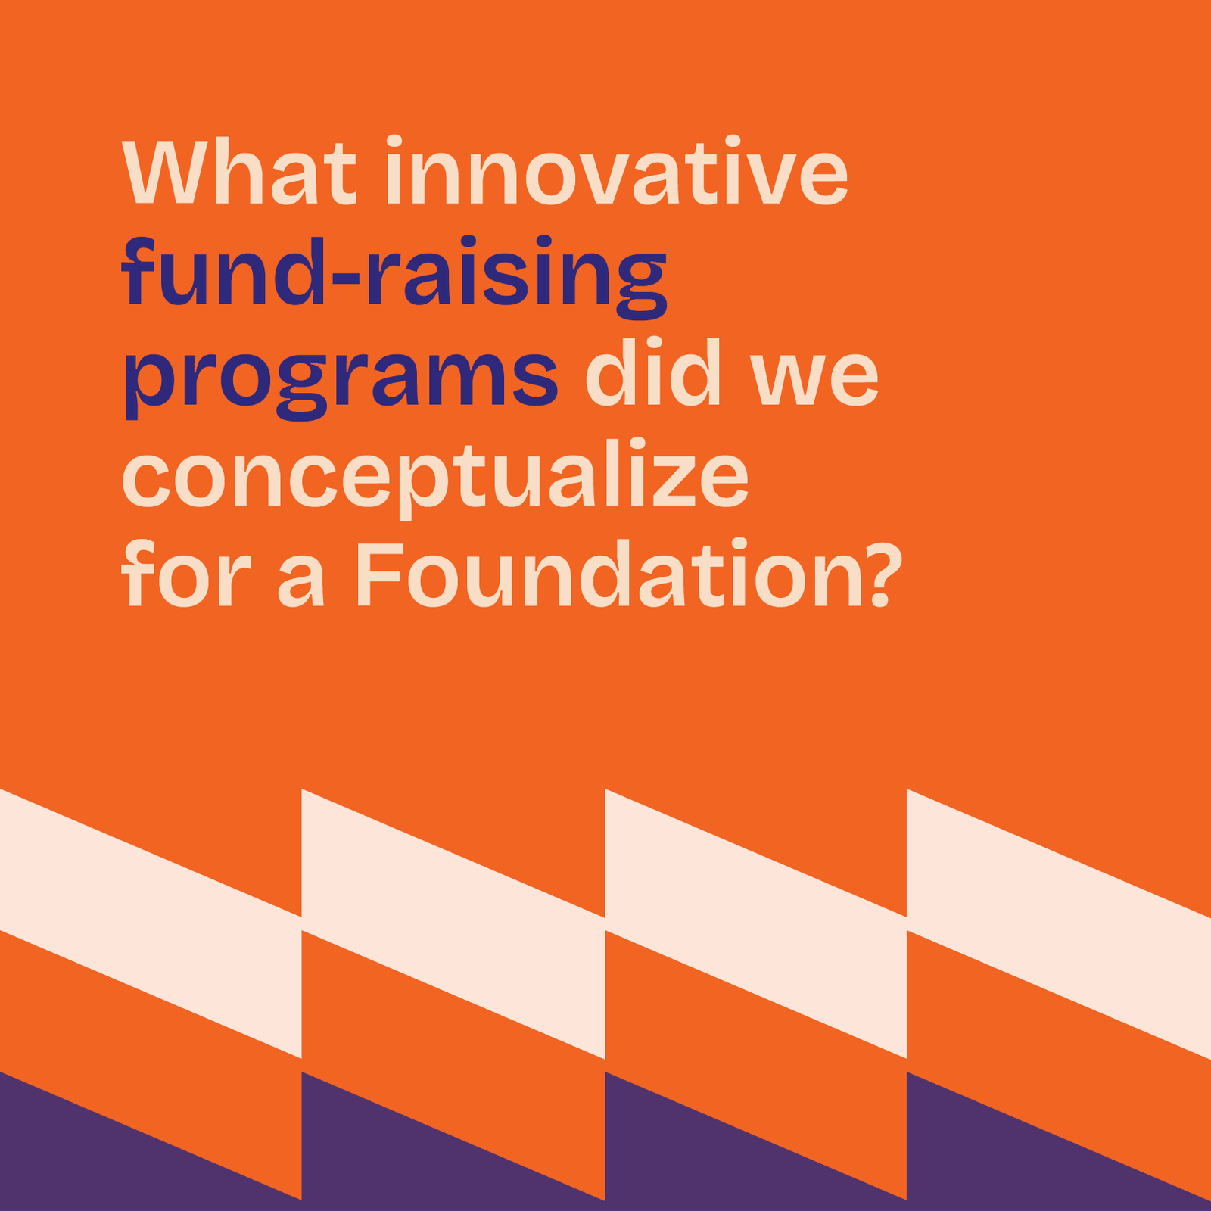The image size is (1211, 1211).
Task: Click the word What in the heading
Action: (239, 171)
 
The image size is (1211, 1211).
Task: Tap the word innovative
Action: (617, 171)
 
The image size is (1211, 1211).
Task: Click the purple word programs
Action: (341, 382)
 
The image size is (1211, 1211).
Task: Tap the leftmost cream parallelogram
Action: (151, 923)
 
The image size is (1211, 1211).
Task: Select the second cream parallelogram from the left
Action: (453, 923)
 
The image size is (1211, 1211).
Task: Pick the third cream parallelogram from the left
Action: (756, 923)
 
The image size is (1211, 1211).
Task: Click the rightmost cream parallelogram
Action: (1059, 923)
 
